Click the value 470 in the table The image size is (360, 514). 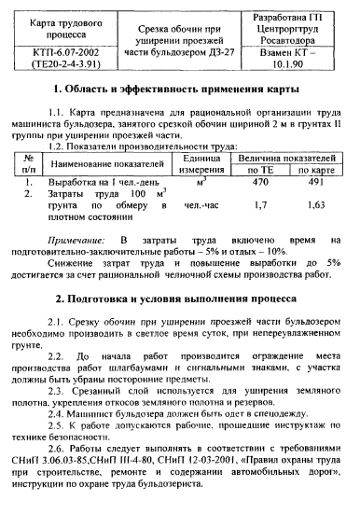261,185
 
